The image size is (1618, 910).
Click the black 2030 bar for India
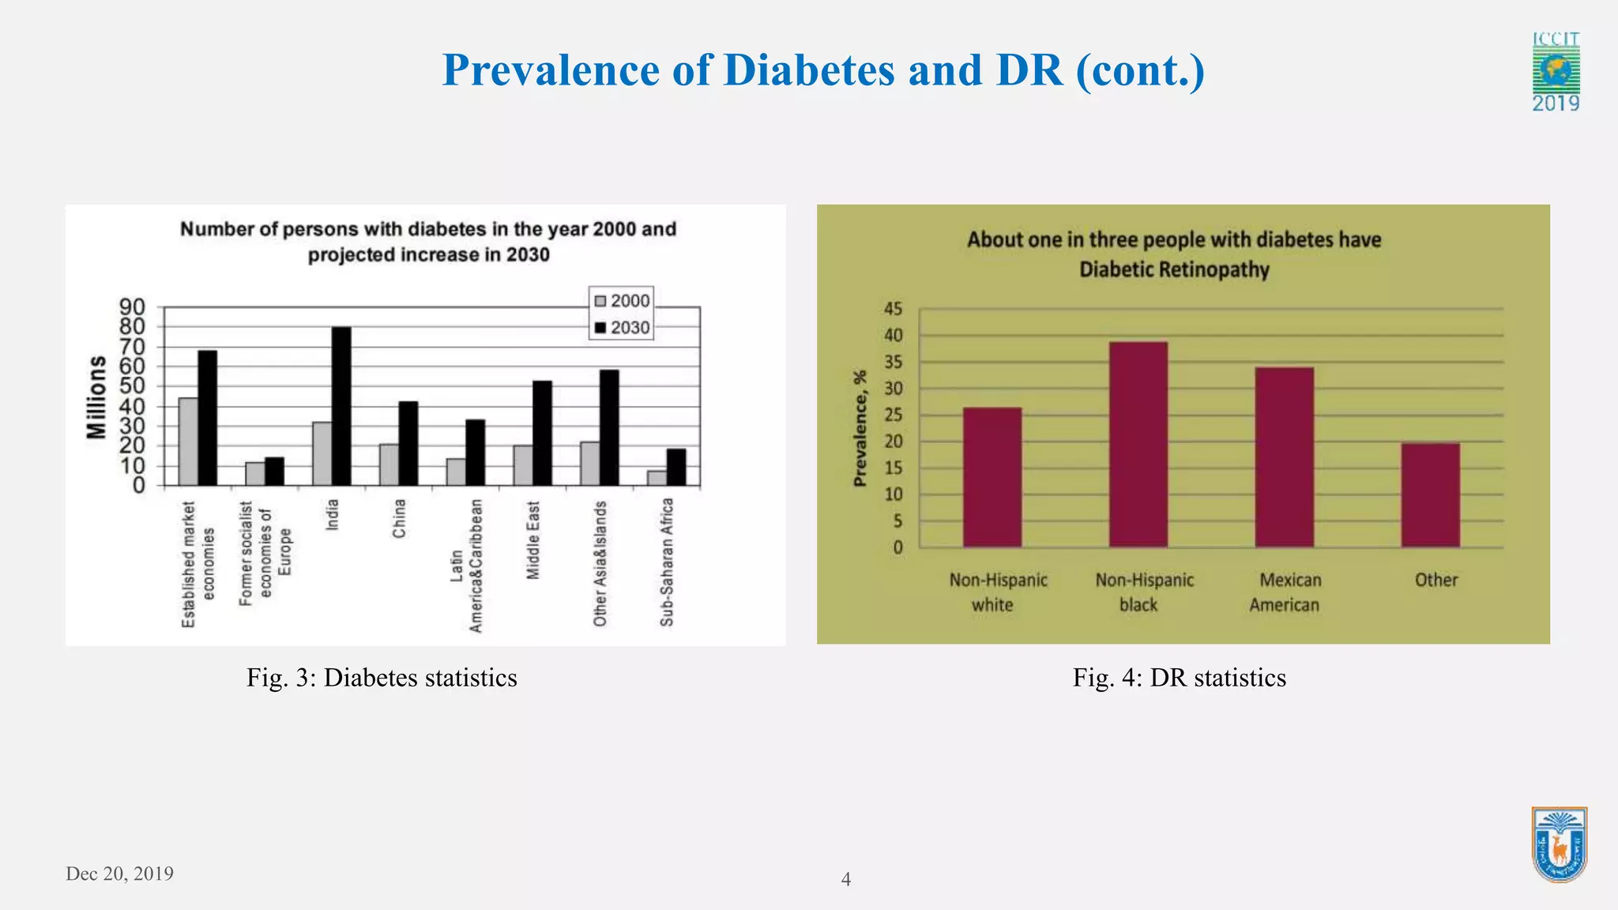341,406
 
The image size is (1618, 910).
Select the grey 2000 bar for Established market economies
188,442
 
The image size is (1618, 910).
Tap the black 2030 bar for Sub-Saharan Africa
676,467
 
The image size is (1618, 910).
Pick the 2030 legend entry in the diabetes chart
622,328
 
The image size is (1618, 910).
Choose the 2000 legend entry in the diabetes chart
622,301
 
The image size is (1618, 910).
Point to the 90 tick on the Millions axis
133,306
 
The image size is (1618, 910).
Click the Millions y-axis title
96,397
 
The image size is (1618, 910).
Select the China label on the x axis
400,518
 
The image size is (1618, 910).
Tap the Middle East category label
533,540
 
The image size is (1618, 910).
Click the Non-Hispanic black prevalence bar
1138,444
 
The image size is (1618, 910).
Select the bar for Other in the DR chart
1430,495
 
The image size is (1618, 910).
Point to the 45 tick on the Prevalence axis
893,309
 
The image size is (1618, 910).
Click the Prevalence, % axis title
860,427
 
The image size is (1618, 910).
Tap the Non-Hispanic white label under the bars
998,592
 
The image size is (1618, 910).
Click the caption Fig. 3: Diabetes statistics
382,678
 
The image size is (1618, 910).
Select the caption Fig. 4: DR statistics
1179,678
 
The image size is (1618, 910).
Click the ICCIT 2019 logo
1556,72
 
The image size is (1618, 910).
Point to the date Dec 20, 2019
119,873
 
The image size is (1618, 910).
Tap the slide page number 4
845,879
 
